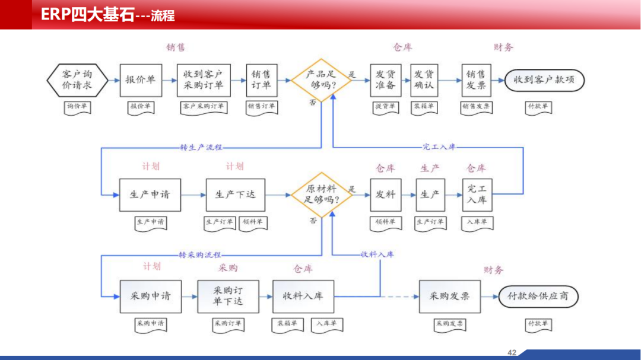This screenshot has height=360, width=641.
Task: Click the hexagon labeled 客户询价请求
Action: click(x=78, y=80)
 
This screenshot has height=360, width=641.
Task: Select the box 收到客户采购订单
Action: click(x=203, y=80)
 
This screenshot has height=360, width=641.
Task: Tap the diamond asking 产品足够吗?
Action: click(x=321, y=80)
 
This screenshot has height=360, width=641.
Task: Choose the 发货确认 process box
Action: click(x=423, y=80)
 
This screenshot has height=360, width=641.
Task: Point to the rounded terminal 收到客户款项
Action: click(x=544, y=80)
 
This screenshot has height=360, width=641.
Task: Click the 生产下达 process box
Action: click(x=236, y=195)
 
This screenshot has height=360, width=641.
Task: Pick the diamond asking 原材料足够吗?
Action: click(x=321, y=195)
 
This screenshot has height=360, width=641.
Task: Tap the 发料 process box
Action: click(x=386, y=195)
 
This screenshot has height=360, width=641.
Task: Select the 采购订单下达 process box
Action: click(x=228, y=296)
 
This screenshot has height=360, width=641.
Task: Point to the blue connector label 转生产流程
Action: click(x=201, y=147)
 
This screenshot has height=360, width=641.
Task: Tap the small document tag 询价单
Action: click(x=78, y=107)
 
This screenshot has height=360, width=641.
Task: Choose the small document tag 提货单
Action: click(x=386, y=107)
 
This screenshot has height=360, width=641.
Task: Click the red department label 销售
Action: click(x=176, y=47)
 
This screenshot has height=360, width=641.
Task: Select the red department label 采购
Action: click(x=228, y=268)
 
